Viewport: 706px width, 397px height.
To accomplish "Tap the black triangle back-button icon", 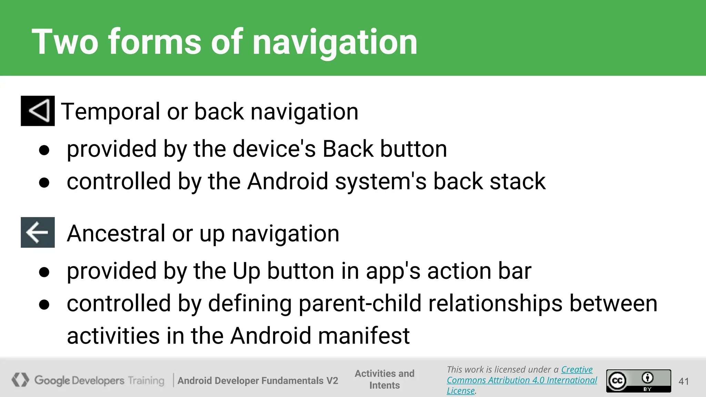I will point(38,111).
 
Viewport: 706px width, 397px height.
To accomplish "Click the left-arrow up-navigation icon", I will point(38,232).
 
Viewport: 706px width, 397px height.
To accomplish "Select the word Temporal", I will point(111,112).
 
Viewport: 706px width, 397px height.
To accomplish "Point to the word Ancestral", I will point(116,234).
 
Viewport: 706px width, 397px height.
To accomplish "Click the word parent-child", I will point(360,304).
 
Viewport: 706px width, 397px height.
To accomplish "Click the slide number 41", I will point(684,381).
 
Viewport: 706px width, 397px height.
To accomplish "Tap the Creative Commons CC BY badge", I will point(638,381).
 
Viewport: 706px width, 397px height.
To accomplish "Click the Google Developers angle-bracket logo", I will point(20,380).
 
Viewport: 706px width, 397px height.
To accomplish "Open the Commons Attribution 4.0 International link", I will point(522,380).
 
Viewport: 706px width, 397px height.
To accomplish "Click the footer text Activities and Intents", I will point(384,379).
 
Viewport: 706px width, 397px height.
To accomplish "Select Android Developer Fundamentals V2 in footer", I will point(258,380).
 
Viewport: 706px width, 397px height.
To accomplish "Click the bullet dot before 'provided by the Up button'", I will point(44,272).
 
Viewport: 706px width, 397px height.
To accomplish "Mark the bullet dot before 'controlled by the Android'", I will point(44,182).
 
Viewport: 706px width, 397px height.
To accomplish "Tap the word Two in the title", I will point(65,43).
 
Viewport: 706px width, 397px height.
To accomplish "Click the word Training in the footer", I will point(146,380).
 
